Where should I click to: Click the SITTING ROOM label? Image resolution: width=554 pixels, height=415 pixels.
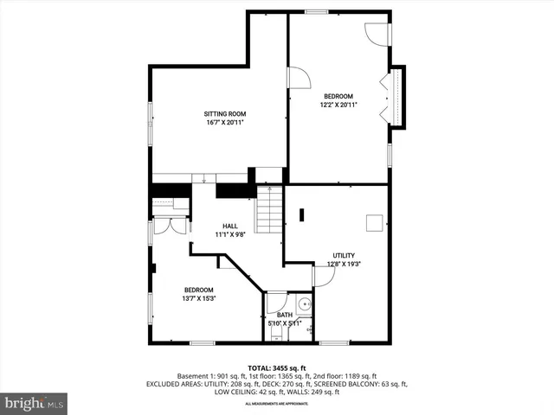[x=225, y=113]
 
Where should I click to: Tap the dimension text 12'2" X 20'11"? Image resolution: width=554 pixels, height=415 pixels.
[x=338, y=105]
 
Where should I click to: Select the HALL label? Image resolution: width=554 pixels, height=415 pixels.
[x=229, y=226]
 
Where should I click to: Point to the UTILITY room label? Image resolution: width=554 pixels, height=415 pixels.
[x=344, y=255]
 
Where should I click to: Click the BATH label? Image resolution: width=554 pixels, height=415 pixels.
[x=284, y=315]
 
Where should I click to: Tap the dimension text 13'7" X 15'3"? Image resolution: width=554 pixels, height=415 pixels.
[x=198, y=298]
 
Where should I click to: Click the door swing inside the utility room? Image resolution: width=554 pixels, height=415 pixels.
[x=324, y=276]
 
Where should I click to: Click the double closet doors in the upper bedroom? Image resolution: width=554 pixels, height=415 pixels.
[x=387, y=98]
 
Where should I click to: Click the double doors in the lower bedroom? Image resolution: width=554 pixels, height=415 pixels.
[x=170, y=226]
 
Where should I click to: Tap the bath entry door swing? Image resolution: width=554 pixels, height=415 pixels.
[x=275, y=303]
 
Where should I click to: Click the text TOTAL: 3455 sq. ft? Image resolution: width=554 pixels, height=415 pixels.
[x=276, y=367]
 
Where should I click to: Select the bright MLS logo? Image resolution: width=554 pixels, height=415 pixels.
[x=34, y=403]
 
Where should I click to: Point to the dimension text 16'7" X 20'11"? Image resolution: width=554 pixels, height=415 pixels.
[x=225, y=123]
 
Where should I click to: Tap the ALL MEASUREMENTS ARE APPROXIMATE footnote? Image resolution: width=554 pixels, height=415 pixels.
[x=276, y=404]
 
